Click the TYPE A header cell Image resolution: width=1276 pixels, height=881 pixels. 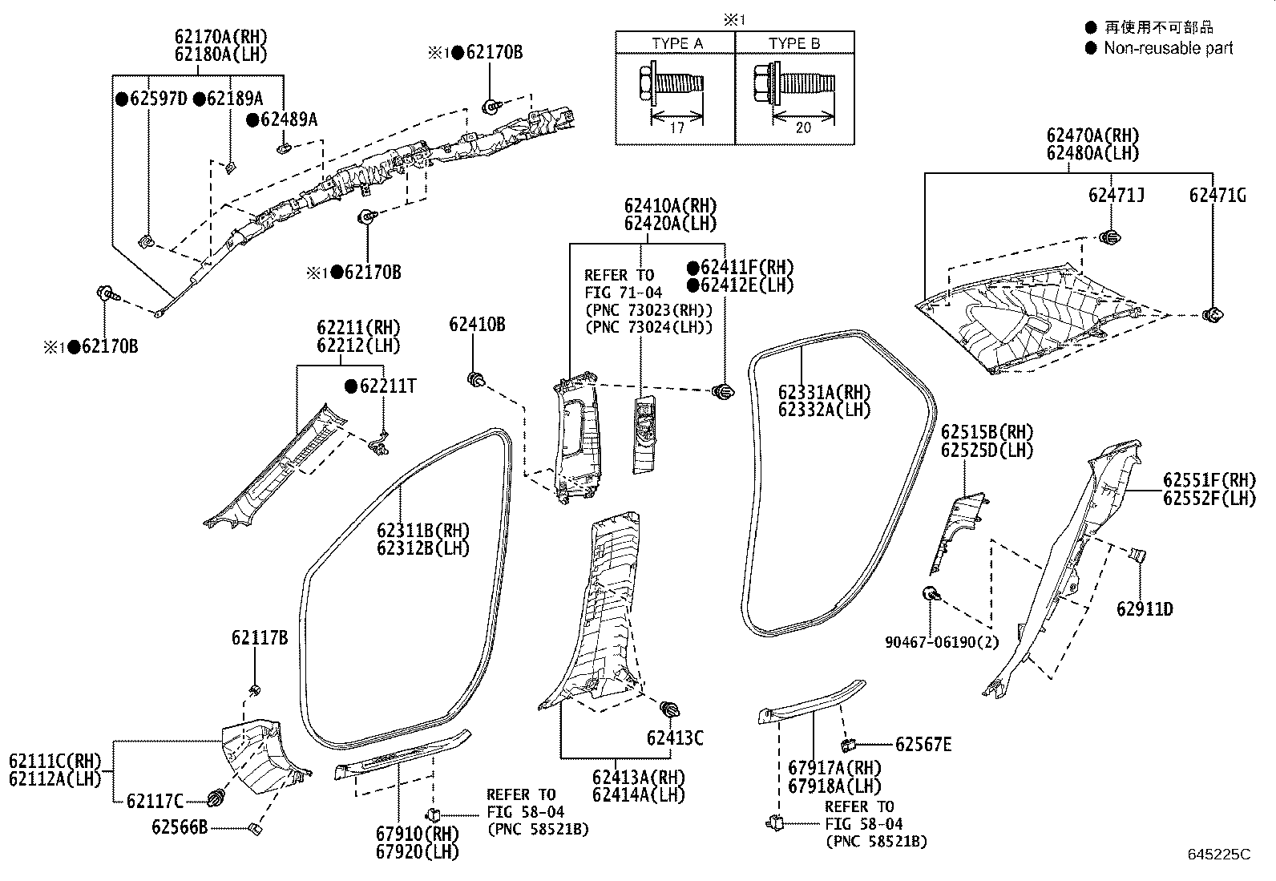tap(676, 43)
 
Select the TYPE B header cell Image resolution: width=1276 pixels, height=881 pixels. tap(794, 43)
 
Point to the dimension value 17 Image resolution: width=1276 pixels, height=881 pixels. tap(676, 127)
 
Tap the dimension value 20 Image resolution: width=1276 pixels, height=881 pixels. tap(802, 127)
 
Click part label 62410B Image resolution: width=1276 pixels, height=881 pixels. tap(477, 325)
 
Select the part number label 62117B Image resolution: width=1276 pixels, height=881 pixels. tap(259, 638)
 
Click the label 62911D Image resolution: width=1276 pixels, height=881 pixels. tap(1145, 609)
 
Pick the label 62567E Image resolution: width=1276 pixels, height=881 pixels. tap(923, 745)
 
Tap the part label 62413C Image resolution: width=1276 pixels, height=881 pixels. tap(675, 738)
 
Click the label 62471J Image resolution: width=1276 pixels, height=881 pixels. tap(1116, 195)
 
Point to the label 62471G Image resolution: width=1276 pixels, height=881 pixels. tap(1217, 195)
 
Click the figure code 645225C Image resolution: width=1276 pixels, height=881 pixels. tap(1218, 854)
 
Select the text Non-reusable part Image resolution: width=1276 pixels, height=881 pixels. tap(1168, 48)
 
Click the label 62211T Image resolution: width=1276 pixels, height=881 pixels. tap(388, 386)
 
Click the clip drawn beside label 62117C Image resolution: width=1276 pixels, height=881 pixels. tap(216, 798)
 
